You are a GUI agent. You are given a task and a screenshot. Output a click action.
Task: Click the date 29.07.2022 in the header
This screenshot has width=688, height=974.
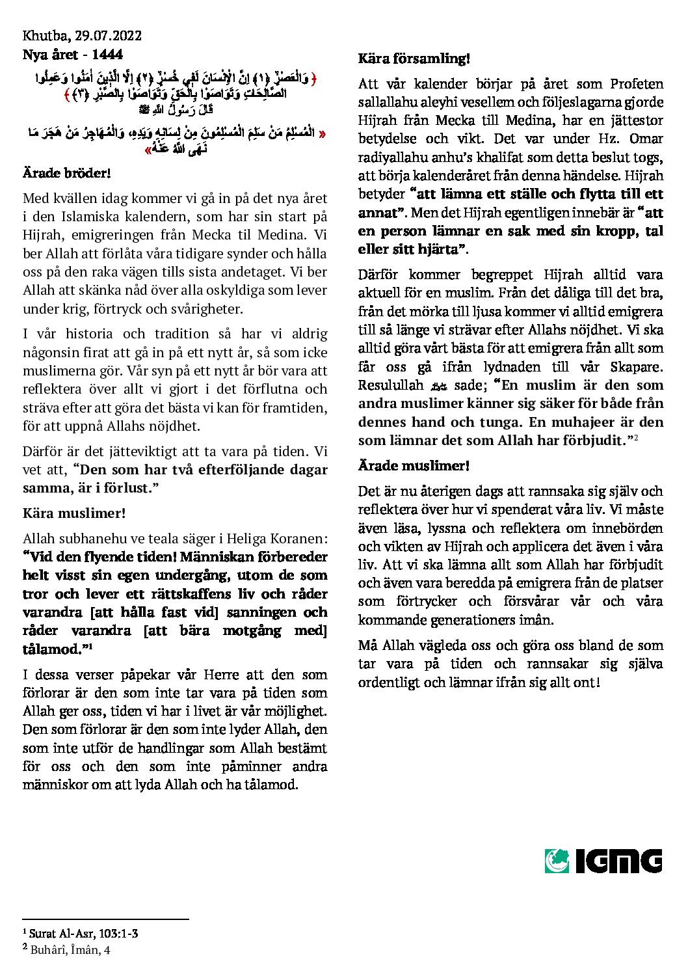click(x=109, y=36)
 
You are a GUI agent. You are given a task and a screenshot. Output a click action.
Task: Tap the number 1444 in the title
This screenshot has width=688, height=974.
click(x=107, y=55)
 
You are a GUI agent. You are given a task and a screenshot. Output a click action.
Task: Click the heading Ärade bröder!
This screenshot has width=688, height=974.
click(x=67, y=173)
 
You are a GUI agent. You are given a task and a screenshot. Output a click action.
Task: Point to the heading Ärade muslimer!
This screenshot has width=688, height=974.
click(x=414, y=466)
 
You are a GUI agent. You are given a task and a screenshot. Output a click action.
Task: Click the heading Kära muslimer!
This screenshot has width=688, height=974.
click(x=74, y=513)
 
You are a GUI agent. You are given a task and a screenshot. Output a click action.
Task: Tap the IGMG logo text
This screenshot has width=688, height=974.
click(x=618, y=861)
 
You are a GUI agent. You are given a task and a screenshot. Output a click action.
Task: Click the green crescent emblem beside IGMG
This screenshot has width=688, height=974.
click(x=557, y=861)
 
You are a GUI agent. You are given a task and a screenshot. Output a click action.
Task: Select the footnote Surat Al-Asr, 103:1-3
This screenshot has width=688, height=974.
click(x=83, y=934)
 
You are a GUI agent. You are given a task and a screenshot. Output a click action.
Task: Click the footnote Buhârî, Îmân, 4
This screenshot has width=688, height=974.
click(x=70, y=950)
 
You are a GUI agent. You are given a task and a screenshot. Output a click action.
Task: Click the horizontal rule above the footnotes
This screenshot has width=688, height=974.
click(x=105, y=919)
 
